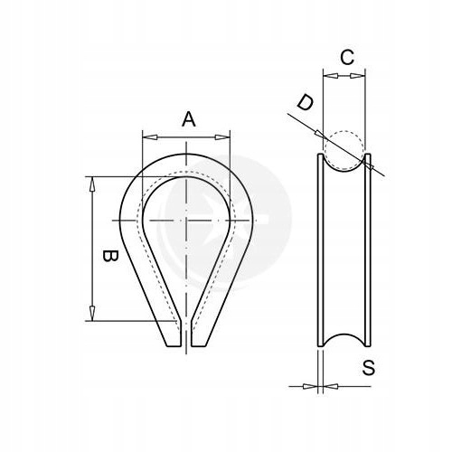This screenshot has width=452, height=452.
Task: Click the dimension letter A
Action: (187, 118)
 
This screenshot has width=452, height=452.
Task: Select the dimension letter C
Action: (345, 57)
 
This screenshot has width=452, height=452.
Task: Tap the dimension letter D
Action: (305, 103)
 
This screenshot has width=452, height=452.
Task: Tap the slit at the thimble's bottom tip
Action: (187, 339)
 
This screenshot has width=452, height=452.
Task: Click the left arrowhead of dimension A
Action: (147, 137)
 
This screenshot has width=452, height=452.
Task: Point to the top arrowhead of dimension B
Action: (92, 181)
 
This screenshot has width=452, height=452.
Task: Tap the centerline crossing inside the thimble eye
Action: (186, 221)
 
